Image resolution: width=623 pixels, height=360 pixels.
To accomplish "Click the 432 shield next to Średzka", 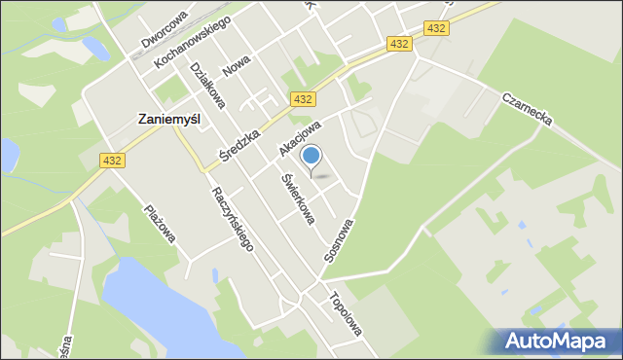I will click(x=303, y=99).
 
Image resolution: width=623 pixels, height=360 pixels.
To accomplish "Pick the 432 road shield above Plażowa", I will click(x=111, y=161).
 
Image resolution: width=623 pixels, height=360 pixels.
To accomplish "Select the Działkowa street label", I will click(x=207, y=85).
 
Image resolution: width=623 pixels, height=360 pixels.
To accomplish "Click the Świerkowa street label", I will click(x=298, y=200).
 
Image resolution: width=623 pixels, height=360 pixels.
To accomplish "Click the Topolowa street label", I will click(x=347, y=313).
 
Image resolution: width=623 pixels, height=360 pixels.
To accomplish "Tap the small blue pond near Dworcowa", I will click(x=96, y=48).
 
